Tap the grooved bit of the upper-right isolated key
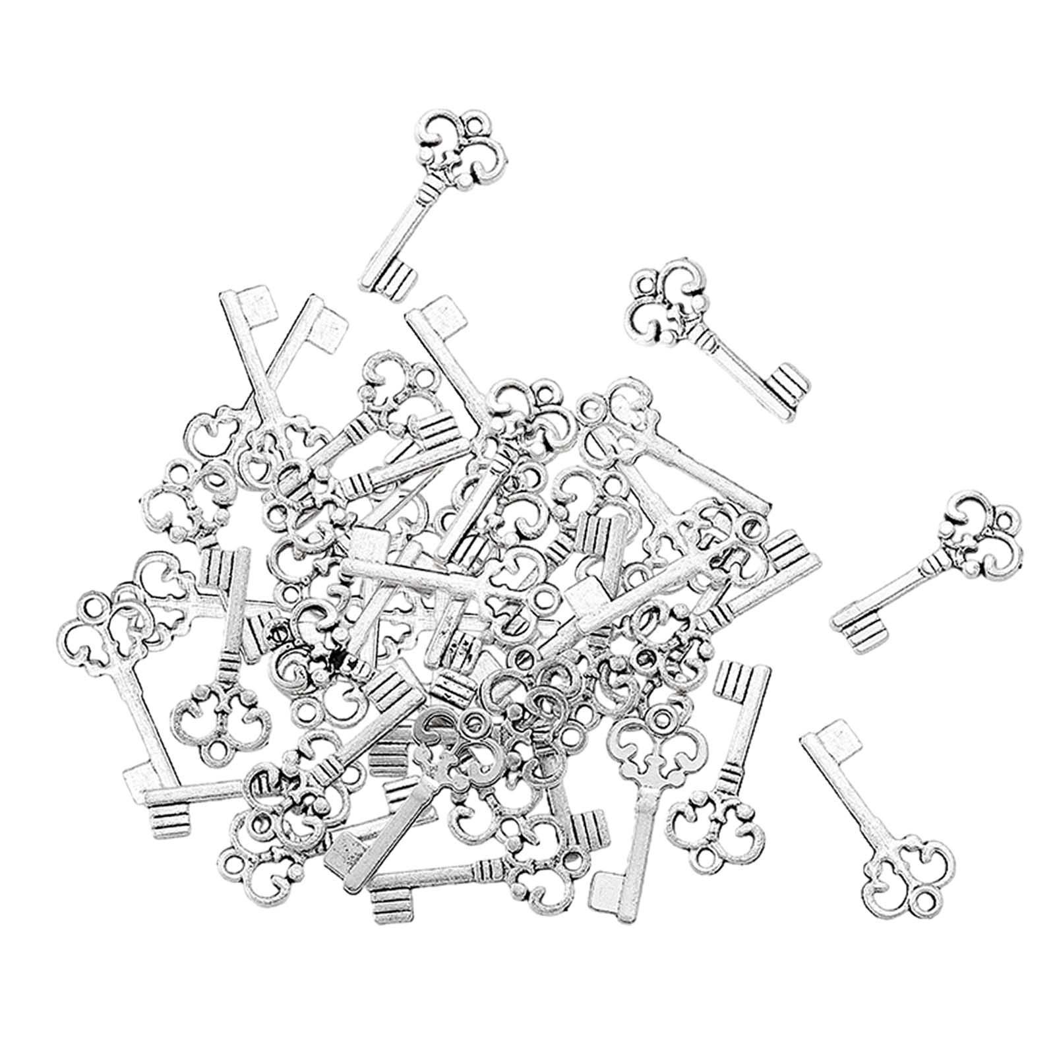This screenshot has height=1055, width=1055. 788,389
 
